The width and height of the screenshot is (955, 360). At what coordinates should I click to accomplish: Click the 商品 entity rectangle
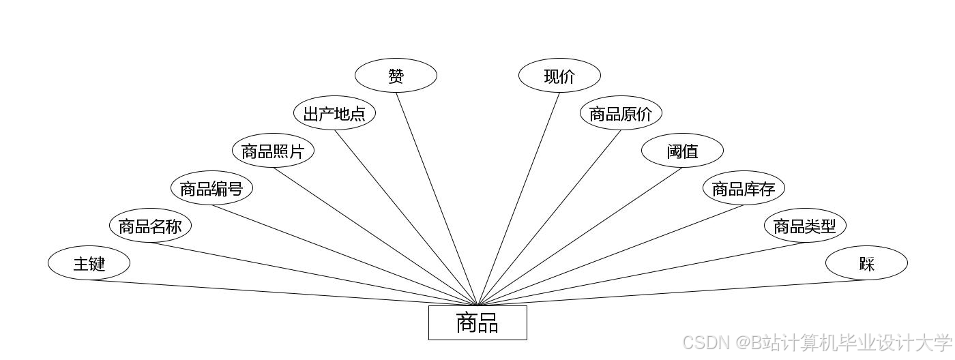(477, 322)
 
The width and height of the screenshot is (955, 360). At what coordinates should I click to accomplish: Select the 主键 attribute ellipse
(89, 263)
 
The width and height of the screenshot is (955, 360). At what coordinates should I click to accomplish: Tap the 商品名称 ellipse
(150, 226)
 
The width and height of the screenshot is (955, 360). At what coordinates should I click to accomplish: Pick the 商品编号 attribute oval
(211, 188)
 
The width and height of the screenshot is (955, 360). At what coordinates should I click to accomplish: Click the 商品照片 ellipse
(273, 151)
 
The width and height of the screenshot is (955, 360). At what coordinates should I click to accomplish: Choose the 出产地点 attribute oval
(334, 113)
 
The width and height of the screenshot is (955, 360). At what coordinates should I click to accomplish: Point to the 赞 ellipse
(396, 76)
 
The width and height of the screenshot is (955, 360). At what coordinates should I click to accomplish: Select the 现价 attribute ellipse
(559, 76)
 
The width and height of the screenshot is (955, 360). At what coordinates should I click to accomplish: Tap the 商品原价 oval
(621, 113)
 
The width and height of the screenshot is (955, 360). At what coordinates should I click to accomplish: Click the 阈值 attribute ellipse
(682, 151)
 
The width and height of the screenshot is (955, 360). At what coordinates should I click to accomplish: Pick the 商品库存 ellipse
(744, 188)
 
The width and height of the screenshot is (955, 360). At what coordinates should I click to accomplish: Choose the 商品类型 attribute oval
(805, 226)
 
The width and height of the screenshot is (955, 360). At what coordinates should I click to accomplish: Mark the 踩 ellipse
(866, 263)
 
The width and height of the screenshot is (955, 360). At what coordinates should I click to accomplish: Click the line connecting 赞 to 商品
(437, 198)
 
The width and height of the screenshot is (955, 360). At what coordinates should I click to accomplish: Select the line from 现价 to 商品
(518, 198)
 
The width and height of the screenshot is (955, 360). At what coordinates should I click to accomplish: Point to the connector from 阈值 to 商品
(580, 236)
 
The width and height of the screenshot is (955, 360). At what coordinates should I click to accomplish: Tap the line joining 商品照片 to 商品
(375, 236)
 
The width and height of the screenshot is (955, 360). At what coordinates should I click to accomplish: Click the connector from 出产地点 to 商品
(406, 217)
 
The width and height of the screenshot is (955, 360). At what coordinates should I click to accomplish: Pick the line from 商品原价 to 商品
(549, 217)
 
